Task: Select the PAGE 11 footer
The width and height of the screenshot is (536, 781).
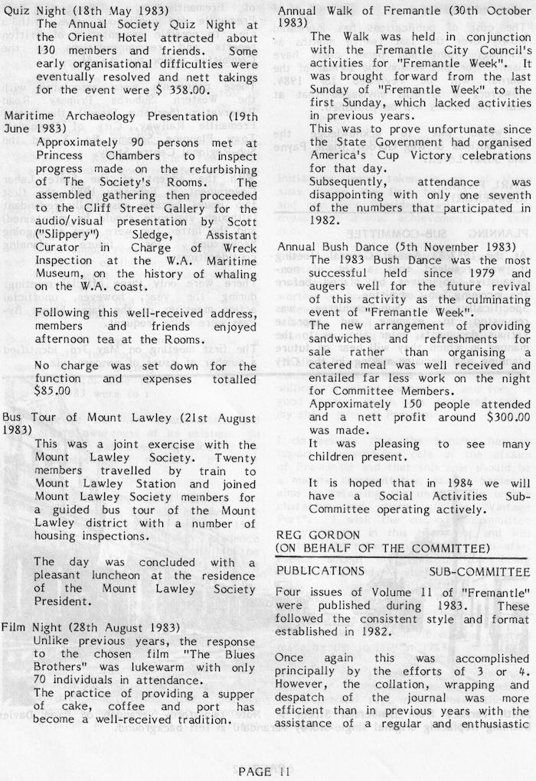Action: pyautogui.click(x=263, y=771)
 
